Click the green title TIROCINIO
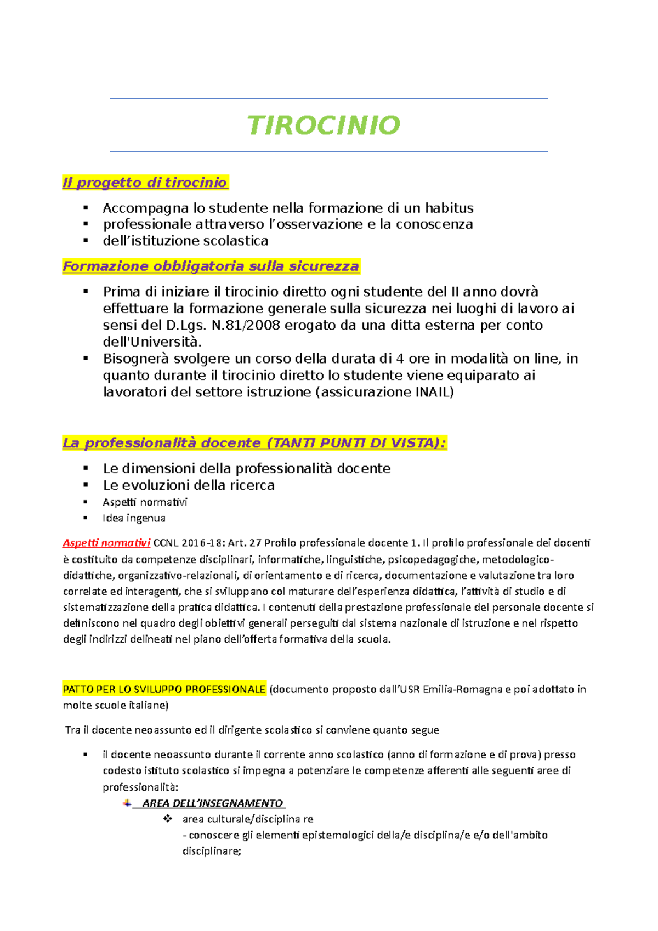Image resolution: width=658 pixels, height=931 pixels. [324, 125]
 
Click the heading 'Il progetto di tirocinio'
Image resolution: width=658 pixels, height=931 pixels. [145, 183]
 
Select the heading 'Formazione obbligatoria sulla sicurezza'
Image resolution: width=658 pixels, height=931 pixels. [211, 266]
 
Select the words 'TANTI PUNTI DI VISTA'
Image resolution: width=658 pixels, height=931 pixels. [353, 443]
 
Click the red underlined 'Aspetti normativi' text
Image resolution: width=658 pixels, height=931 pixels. [106, 543]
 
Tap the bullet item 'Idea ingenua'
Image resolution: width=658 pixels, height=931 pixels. [134, 518]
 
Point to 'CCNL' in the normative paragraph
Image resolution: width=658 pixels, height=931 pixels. [165, 543]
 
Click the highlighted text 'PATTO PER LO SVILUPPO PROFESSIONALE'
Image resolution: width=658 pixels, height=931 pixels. [164, 689]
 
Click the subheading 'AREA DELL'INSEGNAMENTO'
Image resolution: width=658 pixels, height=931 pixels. [212, 803]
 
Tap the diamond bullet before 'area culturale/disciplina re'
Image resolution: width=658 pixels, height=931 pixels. [168, 819]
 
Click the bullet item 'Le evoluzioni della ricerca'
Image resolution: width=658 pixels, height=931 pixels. [189, 485]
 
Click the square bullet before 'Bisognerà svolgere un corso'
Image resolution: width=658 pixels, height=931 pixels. [86, 359]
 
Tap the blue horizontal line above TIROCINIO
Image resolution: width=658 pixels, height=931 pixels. [329, 99]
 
